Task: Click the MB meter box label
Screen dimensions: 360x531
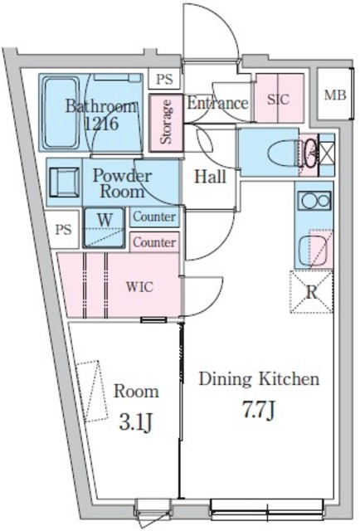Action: point(335,95)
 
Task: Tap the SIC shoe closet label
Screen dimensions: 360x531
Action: point(278,100)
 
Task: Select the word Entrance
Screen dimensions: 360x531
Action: point(217,103)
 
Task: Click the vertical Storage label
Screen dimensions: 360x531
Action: point(166,122)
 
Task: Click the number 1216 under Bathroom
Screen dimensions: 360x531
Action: point(101,124)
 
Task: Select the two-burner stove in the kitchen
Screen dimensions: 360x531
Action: point(315,201)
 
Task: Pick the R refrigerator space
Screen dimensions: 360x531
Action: point(312,291)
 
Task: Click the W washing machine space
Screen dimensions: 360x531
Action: point(105,227)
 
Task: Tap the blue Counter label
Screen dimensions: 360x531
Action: point(154,217)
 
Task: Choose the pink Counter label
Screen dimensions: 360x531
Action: point(154,242)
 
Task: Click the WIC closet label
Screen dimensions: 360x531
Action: point(139,287)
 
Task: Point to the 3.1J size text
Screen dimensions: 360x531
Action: point(135,423)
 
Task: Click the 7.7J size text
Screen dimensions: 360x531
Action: point(259,411)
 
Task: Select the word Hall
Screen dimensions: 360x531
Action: point(210,177)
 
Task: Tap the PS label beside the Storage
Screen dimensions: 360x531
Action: point(164,80)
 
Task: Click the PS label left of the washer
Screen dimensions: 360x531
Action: point(64,230)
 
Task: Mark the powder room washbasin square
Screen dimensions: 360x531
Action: point(65,182)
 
